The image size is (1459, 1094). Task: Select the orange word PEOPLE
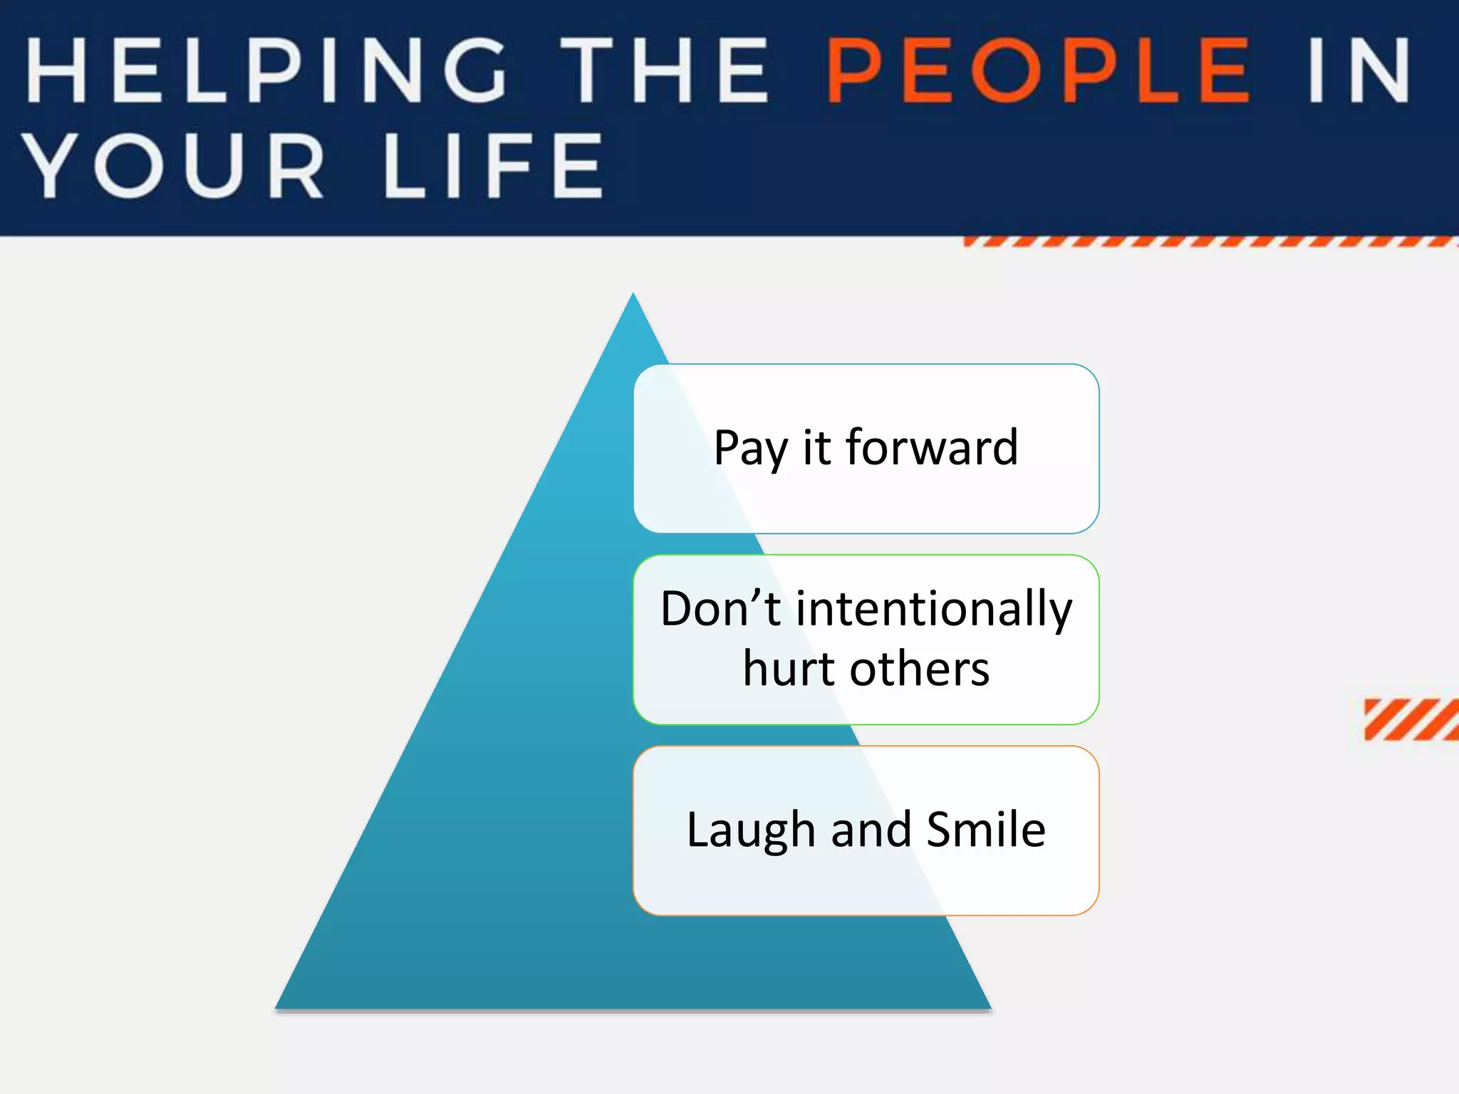pyautogui.click(x=1037, y=71)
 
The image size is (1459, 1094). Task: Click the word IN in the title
pyautogui.click(x=1359, y=71)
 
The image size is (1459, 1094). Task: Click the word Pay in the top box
pyautogui.click(x=750, y=449)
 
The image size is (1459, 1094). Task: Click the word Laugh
pyautogui.click(x=750, y=830)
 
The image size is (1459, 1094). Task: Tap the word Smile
pyautogui.click(x=986, y=829)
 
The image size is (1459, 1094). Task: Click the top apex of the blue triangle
pyautogui.click(x=633, y=296)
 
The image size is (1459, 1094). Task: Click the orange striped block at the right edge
pyautogui.click(x=1411, y=719)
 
